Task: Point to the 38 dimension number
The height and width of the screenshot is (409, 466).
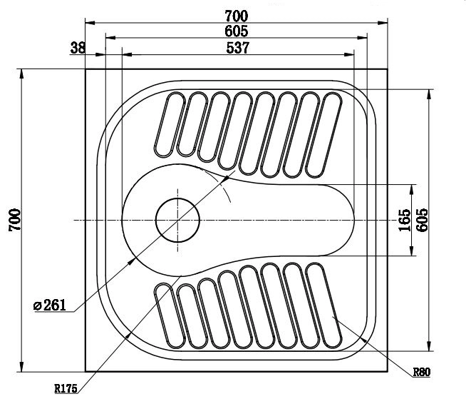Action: click(78, 48)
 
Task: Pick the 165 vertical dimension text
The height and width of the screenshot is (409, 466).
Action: click(404, 220)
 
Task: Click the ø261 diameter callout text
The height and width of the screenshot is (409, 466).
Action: click(50, 306)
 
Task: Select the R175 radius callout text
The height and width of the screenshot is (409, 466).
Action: click(66, 389)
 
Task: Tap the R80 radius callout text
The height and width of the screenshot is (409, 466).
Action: click(422, 373)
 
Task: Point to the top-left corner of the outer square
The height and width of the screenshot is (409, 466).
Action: click(86, 69)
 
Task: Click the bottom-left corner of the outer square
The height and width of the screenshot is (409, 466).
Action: click(86, 372)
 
